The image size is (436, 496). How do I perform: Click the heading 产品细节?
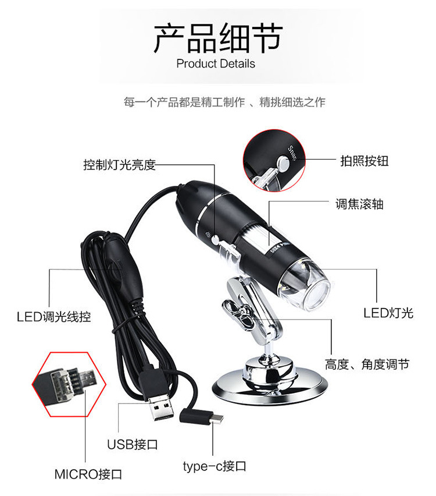pos(217,38)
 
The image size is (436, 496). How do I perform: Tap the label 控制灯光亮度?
pos(119,165)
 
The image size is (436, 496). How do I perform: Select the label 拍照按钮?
pos(364,161)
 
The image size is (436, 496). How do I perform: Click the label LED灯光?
pos(388,313)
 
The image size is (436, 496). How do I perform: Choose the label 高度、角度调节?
pos(367,364)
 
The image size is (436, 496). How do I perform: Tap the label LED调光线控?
pos(53,317)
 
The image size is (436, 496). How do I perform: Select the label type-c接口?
pos(215,466)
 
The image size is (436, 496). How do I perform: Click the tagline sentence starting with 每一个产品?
pos(224,102)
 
